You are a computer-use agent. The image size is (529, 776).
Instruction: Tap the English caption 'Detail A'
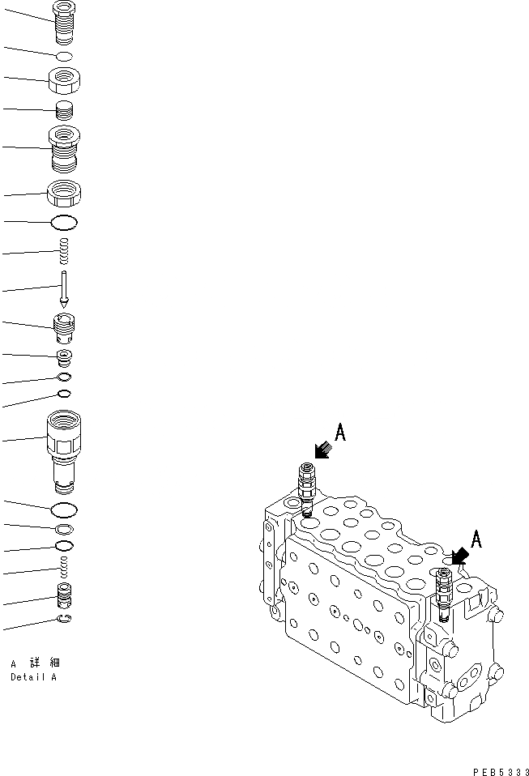click(33, 677)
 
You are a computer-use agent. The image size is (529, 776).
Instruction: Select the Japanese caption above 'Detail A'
click(33, 663)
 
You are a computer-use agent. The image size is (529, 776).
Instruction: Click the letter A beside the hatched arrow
click(341, 433)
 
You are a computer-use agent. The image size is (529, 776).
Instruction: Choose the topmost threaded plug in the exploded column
click(63, 22)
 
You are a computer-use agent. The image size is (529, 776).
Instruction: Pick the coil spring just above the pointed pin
click(63, 251)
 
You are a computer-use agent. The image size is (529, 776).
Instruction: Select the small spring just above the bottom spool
click(64, 569)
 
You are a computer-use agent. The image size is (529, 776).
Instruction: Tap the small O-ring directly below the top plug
click(64, 56)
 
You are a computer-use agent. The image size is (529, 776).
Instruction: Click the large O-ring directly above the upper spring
click(64, 222)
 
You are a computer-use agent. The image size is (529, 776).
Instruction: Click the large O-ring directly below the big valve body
click(64, 510)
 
